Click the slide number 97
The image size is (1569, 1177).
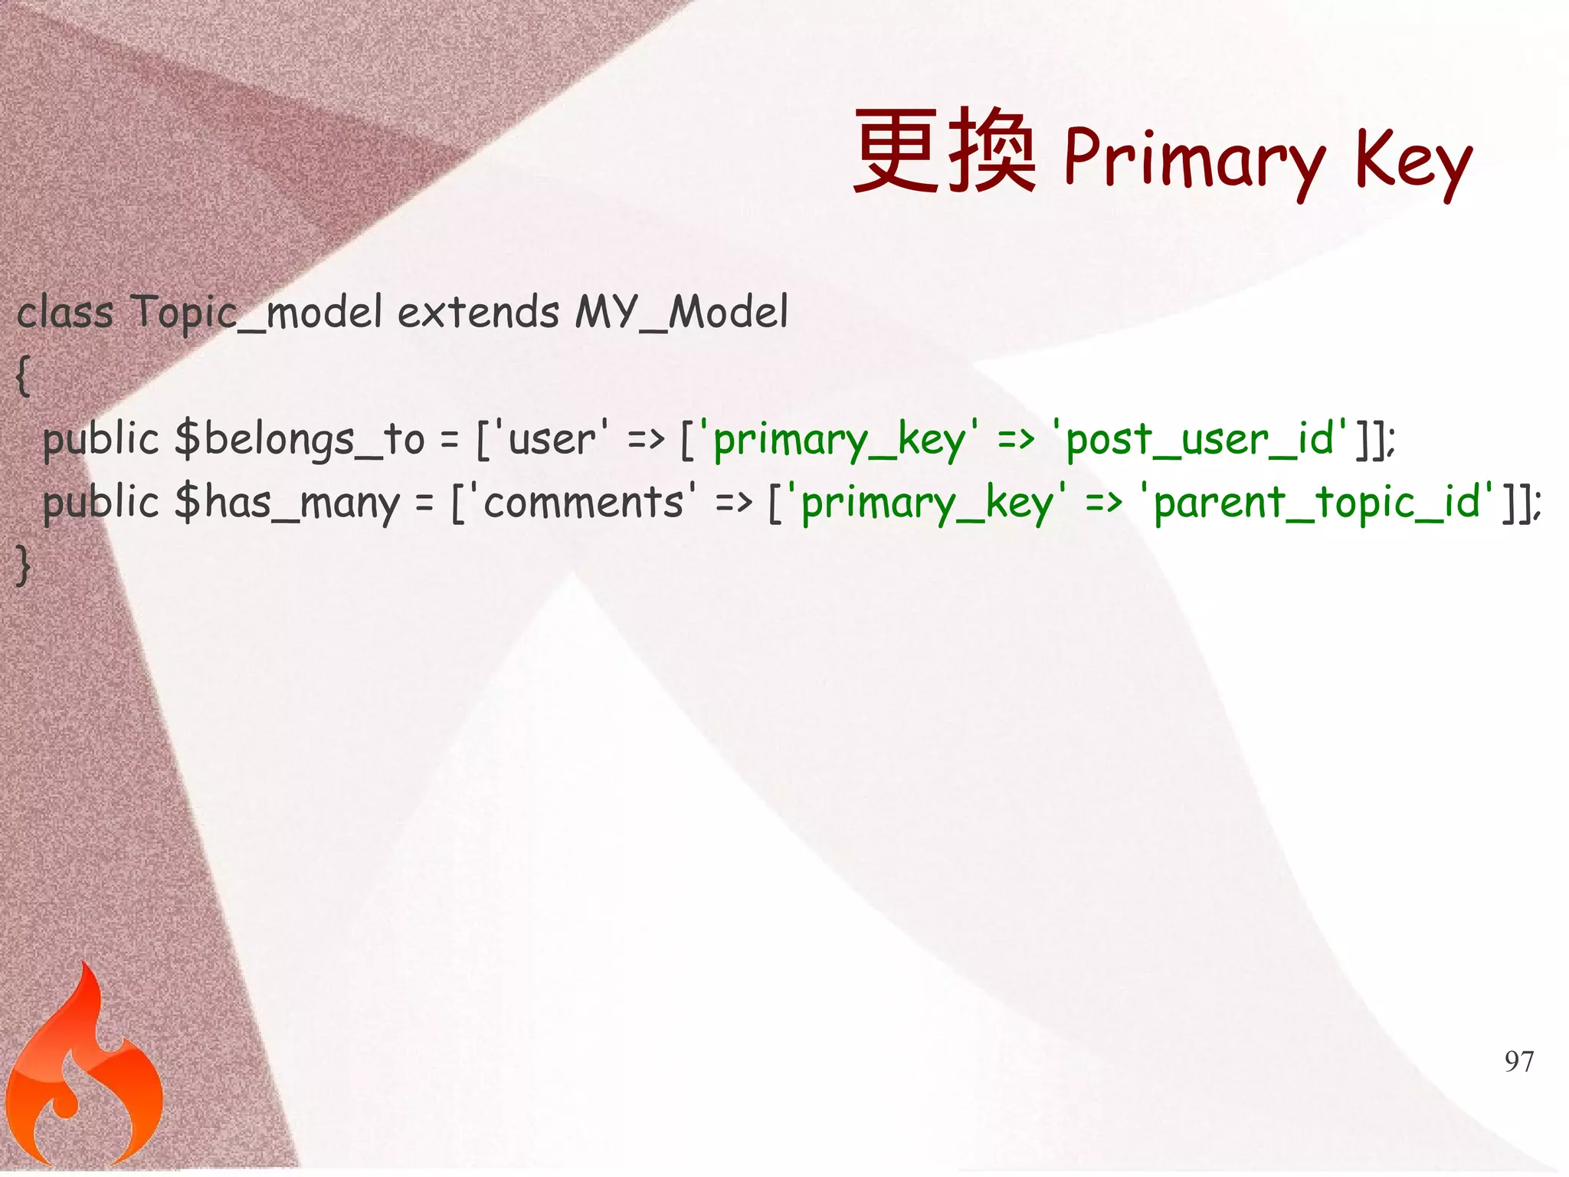1519,1061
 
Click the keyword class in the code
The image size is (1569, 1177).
65,313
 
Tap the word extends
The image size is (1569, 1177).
479,313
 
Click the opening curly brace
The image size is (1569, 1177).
24,375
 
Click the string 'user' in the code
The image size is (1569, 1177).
552,439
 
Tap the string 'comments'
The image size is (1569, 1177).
583,503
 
